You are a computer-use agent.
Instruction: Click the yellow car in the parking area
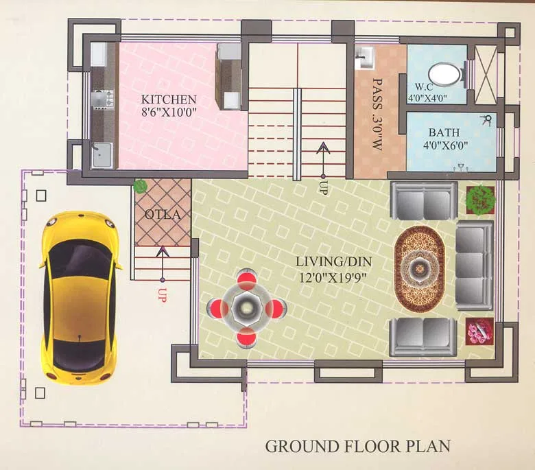point(78,297)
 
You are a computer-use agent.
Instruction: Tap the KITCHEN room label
point(169,99)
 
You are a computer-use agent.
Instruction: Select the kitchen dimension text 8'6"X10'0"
point(169,113)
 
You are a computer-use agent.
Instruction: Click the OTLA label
point(163,215)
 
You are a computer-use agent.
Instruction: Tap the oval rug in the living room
point(419,266)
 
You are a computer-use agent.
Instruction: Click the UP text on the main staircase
point(322,188)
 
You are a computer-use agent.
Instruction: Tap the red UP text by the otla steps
point(162,296)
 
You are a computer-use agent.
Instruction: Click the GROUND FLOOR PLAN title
point(358,446)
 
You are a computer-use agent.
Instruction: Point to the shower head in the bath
point(487,120)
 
